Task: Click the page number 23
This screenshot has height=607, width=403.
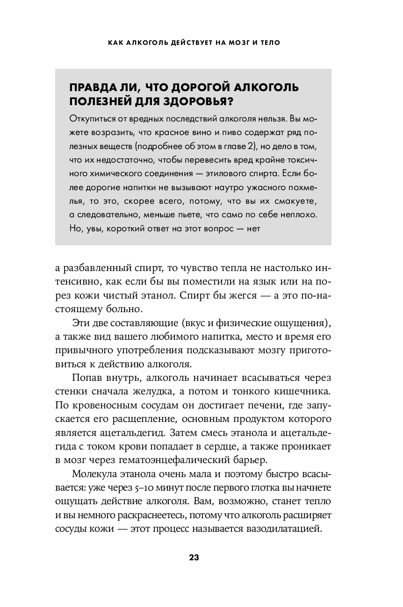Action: click(194, 557)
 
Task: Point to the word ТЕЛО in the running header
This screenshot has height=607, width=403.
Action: click(268, 43)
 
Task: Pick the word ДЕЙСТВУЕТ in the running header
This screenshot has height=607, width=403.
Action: click(187, 43)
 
